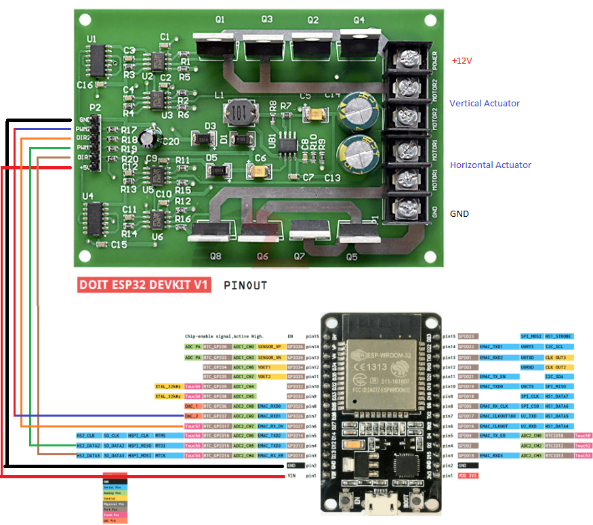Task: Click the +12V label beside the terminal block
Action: tap(462, 61)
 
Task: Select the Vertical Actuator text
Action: tap(485, 104)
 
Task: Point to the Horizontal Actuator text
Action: tap(491, 165)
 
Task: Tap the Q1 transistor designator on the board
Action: tap(220, 20)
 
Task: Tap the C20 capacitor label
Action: tap(171, 141)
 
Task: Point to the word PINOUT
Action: tap(245, 285)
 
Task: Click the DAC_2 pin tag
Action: tap(192, 416)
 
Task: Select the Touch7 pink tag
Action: tap(192, 425)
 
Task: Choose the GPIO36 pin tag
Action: tap(295, 346)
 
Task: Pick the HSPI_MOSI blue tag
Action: tap(139, 456)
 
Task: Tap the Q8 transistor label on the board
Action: tap(216, 257)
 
